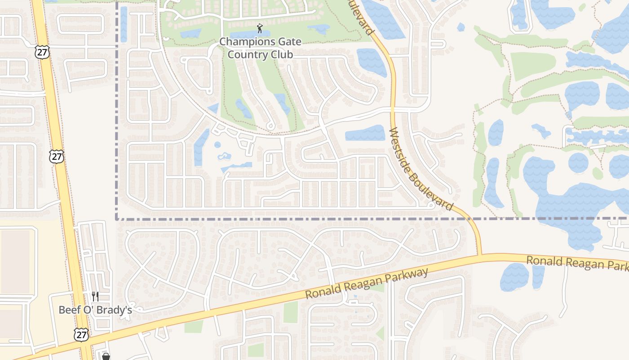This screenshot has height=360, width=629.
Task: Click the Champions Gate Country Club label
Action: coord(260,48)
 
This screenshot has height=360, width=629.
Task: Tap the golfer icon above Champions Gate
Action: coord(260,29)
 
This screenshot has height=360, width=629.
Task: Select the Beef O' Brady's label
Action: coord(95,310)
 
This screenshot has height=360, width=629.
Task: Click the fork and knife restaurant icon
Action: coord(95,296)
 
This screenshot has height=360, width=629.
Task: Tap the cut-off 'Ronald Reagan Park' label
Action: coord(578,263)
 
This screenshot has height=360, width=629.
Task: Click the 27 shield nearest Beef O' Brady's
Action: coord(82,334)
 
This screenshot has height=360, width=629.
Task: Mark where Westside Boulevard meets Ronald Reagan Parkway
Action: coord(480,256)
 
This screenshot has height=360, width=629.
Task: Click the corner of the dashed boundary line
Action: coord(117,219)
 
